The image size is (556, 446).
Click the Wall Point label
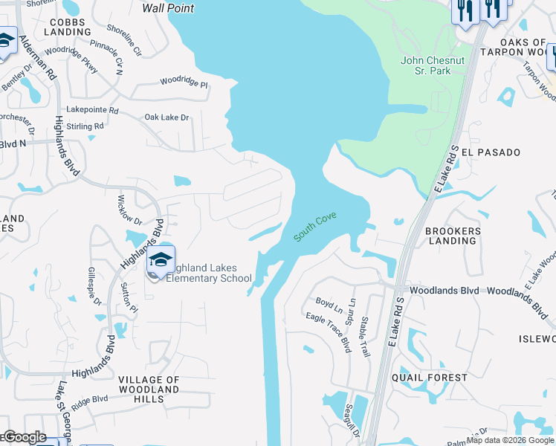pos(167,8)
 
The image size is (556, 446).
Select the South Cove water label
pos(315,227)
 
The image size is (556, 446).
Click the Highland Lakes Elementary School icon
pos(160,259)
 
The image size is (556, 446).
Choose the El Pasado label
pos(491,152)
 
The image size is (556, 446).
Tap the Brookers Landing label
pos(453,236)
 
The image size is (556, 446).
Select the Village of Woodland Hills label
pos(149,389)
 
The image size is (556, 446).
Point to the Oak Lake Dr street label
pos(167,117)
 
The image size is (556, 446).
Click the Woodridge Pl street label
pos(184,81)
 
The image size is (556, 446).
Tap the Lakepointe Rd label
pos(92,110)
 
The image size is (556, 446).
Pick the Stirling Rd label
pos(85,127)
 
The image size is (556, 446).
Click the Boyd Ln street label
pos(329,304)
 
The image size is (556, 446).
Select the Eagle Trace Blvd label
pos(328,332)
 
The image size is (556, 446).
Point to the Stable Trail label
pos(364,336)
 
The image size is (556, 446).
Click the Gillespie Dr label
pos(94,286)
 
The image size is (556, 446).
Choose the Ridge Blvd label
pos(89,399)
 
